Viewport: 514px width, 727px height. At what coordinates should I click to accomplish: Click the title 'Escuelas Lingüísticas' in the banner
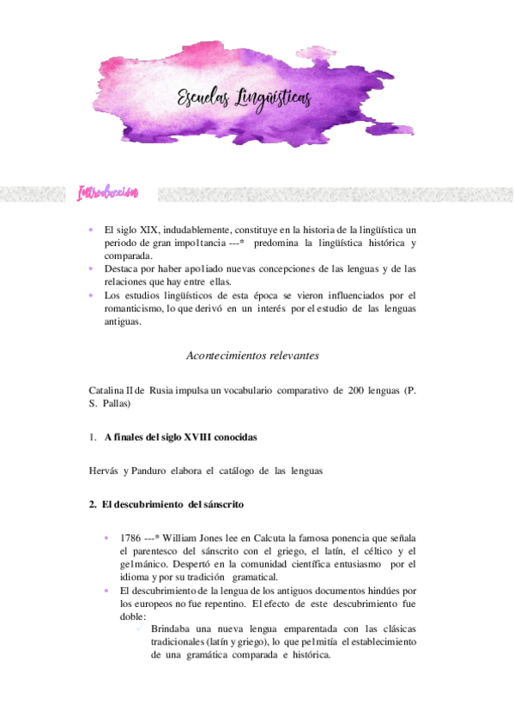tap(245, 101)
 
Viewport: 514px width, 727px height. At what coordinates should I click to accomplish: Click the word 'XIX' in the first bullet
tap(151, 231)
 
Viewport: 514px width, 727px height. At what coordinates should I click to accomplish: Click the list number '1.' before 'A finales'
tap(92, 436)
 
